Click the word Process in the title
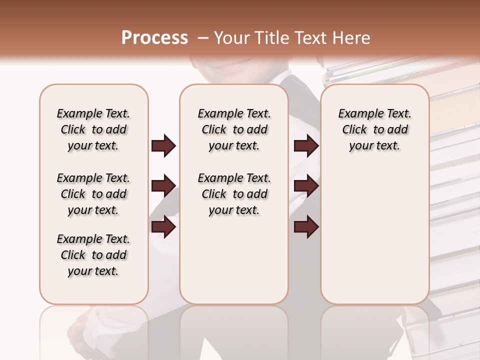pyautogui.click(x=154, y=38)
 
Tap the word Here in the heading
pyautogui.click(x=352, y=38)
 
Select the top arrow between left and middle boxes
pyautogui.click(x=163, y=145)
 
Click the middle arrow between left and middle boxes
pyautogui.click(x=163, y=186)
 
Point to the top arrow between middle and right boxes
pyautogui.click(x=306, y=145)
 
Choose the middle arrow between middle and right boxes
pyautogui.click(x=306, y=186)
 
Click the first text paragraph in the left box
pyautogui.click(x=93, y=129)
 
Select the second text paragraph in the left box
pyautogui.click(x=93, y=194)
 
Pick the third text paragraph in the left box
pyautogui.click(x=93, y=255)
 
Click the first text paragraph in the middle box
pyautogui.click(x=234, y=129)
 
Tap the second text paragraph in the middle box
pyautogui.click(x=234, y=194)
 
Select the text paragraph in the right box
pyautogui.click(x=374, y=129)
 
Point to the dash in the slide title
pyautogui.click(x=202, y=38)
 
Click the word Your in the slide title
pyautogui.click(x=232, y=38)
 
